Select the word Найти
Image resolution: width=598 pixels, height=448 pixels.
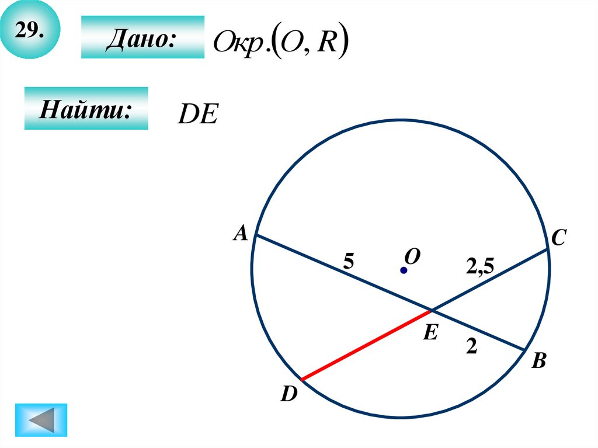pyautogui.click(x=85, y=109)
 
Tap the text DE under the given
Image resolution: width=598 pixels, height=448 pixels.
pyautogui.click(x=197, y=115)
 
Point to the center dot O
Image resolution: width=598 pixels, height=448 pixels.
pyautogui.click(x=403, y=270)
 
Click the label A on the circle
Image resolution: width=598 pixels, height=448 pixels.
pyautogui.click(x=240, y=234)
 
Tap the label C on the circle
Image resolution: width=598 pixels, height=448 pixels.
pyautogui.click(x=558, y=238)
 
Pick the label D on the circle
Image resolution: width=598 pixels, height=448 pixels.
pyautogui.click(x=288, y=395)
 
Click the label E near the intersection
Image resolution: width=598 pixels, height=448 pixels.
pyautogui.click(x=430, y=333)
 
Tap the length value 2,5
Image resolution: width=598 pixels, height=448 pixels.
pyautogui.click(x=480, y=267)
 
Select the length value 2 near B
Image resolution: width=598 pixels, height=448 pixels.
pyautogui.click(x=471, y=347)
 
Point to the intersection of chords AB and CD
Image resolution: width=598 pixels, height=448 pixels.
pyautogui.click(x=432, y=310)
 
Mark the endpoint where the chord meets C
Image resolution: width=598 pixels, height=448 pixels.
pyautogui.click(x=548, y=249)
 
